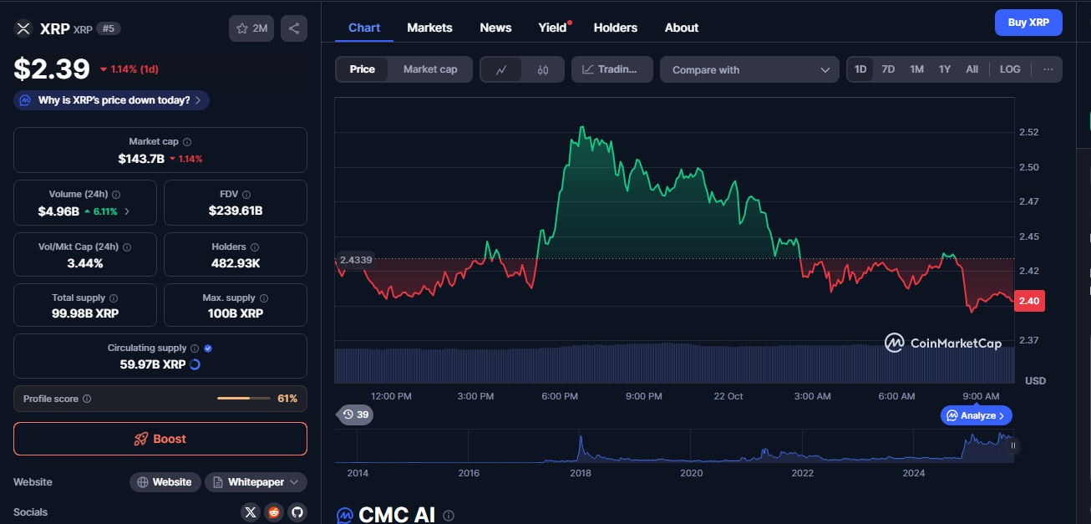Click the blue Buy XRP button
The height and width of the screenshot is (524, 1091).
[1028, 23]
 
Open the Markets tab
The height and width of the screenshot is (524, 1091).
[429, 28]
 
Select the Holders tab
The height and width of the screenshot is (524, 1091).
[615, 28]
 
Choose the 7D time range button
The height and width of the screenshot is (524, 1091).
[888, 69]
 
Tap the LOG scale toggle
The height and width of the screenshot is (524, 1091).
[1010, 69]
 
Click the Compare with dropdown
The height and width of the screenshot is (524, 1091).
[749, 69]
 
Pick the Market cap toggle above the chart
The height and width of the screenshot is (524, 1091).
[430, 69]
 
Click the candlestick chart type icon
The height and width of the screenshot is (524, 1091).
[543, 70]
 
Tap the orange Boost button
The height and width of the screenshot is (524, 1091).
[160, 439]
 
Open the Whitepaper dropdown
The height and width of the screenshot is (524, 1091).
[256, 482]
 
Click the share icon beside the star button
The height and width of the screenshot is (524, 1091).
[294, 28]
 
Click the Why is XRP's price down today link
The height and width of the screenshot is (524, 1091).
[112, 100]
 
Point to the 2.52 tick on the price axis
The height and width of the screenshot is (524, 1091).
[1028, 132]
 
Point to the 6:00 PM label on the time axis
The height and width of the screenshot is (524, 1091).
[560, 396]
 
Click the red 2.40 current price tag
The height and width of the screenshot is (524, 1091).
[1028, 301]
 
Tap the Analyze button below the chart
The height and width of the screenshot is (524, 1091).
[977, 415]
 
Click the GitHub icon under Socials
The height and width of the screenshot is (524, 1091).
[297, 512]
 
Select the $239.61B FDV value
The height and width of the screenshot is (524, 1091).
[236, 211]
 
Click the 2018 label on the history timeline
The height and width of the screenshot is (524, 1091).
[581, 473]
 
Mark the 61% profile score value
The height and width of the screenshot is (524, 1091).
[287, 399]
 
